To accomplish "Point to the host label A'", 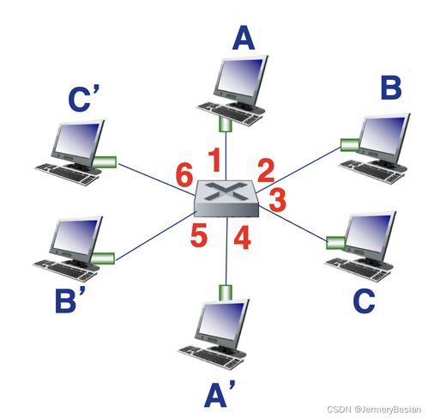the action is [220, 394].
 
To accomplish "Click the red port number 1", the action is [214, 160].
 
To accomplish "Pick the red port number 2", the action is [266, 171].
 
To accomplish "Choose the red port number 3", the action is [277, 200].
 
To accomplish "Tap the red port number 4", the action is [242, 237].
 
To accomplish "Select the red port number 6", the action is [184, 174].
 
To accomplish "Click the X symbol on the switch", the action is [226, 191].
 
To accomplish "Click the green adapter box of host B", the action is [350, 144].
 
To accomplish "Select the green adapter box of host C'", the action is [105, 162].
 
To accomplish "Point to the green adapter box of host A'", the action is [226, 293].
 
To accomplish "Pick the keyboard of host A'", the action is [211, 357].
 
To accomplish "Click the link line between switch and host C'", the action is [156, 179].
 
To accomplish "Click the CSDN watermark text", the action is [374, 410].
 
